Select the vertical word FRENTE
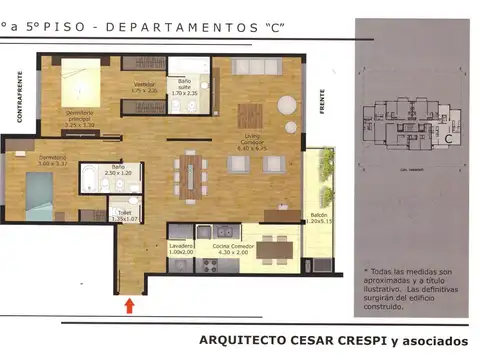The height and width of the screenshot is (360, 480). click(x=323, y=107)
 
